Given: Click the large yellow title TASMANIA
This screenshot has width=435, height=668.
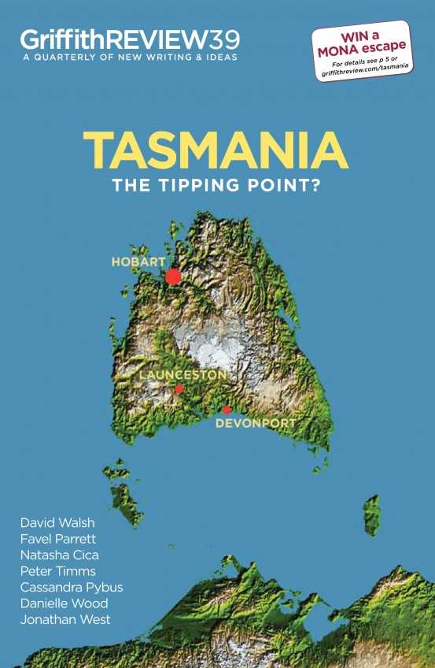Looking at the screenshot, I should pyautogui.click(x=216, y=149).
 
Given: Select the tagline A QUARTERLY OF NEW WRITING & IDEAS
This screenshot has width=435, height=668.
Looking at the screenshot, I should pyautogui.click(x=129, y=58).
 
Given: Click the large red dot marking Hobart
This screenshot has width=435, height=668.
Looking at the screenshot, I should pyautogui.click(x=173, y=276).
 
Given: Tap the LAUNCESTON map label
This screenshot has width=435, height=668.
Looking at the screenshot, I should pyautogui.click(x=182, y=374).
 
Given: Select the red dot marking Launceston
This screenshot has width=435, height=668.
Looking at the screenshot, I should pyautogui.click(x=179, y=388).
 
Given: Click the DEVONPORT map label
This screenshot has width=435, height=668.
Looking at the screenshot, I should pyautogui.click(x=256, y=423).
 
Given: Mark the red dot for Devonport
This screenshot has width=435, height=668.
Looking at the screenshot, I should pyautogui.click(x=227, y=410).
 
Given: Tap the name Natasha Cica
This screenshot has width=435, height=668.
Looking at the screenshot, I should pyautogui.click(x=60, y=555).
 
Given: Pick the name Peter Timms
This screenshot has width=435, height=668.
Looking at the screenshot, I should pyautogui.click(x=58, y=571).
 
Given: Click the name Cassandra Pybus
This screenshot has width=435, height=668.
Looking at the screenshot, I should pyautogui.click(x=72, y=587).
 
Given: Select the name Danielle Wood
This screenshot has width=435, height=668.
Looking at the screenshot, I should pyautogui.click(x=64, y=603).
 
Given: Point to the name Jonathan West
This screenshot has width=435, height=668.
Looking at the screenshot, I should pyautogui.click(x=65, y=619).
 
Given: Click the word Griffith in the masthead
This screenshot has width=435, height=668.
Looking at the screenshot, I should pyautogui.click(x=57, y=39).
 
